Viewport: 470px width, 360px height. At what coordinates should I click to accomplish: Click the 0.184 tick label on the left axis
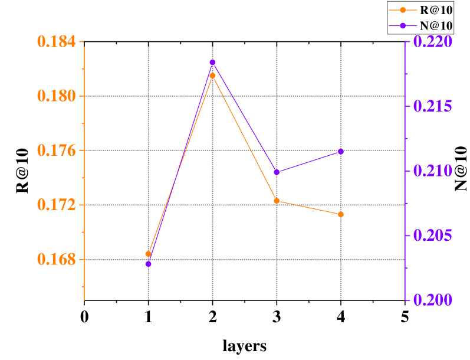pyautogui.click(x=56, y=42)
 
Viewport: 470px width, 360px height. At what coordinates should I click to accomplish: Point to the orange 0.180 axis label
pyautogui.click(x=56, y=96)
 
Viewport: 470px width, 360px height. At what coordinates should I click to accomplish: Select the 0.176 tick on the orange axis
pyautogui.click(x=56, y=150)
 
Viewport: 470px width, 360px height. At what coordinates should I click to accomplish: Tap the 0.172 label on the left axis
pyautogui.click(x=56, y=205)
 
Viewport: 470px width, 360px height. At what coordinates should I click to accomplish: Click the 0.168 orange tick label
pyautogui.click(x=56, y=260)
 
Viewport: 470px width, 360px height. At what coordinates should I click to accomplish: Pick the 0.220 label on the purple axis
pyautogui.click(x=433, y=42)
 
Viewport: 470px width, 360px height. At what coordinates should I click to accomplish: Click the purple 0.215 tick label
pyautogui.click(x=433, y=106)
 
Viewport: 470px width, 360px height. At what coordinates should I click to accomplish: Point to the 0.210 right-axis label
pyautogui.click(x=433, y=171)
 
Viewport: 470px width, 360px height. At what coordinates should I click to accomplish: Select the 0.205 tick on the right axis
pyautogui.click(x=433, y=235)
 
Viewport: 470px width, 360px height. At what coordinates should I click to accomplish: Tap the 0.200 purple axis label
pyautogui.click(x=433, y=300)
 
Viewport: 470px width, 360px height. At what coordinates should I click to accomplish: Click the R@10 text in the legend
pyautogui.click(x=436, y=10)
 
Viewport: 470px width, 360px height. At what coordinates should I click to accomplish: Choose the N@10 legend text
pyautogui.click(x=436, y=25)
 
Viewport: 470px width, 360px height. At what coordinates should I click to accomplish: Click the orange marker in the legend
pyautogui.click(x=403, y=10)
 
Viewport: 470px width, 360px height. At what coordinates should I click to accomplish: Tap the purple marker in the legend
pyautogui.click(x=403, y=25)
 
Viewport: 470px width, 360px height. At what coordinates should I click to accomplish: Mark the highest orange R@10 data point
pyautogui.click(x=212, y=76)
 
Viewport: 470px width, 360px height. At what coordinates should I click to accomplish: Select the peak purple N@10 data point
pyautogui.click(x=212, y=63)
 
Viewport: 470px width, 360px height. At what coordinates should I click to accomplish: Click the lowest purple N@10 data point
pyautogui.click(x=148, y=264)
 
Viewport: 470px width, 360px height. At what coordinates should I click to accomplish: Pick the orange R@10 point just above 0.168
pyautogui.click(x=148, y=254)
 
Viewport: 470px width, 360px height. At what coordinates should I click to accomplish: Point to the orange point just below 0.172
pyautogui.click(x=341, y=214)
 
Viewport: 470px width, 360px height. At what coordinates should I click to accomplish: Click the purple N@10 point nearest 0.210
pyautogui.click(x=277, y=172)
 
